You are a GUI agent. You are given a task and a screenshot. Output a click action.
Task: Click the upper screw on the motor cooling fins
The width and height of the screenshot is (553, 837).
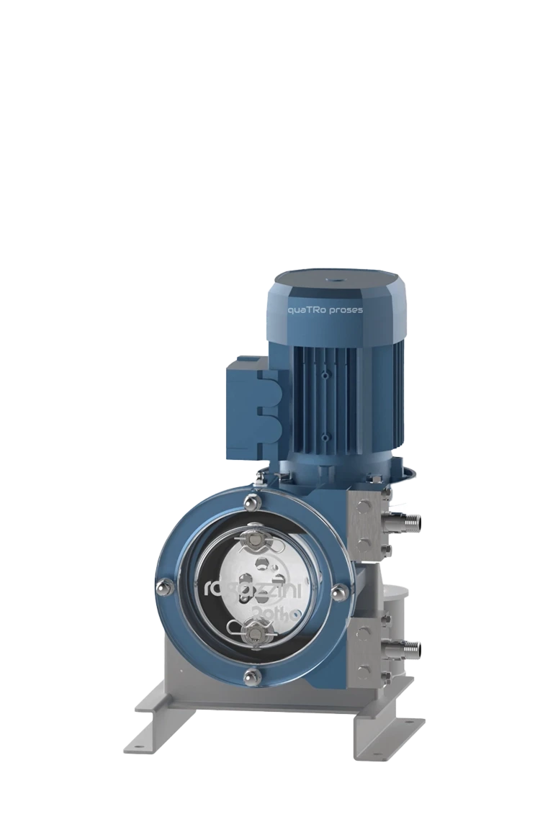click(x=325, y=376)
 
